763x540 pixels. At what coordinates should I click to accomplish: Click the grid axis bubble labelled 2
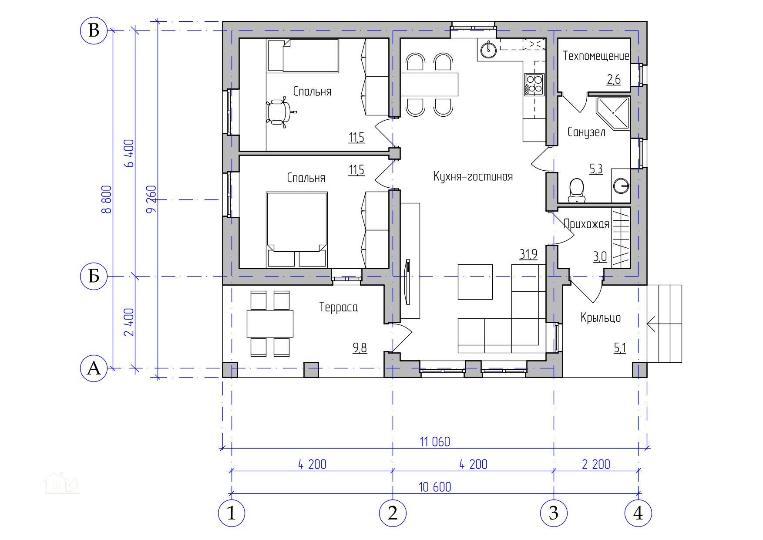coord(393,513)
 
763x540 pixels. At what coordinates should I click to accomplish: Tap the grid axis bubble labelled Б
coord(94,276)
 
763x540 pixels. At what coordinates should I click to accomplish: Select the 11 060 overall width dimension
coord(435,442)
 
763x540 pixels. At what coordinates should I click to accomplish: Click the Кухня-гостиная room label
coord(473,176)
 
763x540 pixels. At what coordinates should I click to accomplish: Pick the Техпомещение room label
coord(596,56)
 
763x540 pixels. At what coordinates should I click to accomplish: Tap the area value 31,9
coord(528,254)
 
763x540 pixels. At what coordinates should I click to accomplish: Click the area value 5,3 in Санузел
coord(596,169)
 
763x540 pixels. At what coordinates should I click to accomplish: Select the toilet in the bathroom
coord(577,191)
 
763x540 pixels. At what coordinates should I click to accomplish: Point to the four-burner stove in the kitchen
coord(534,84)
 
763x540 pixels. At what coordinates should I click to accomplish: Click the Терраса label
coord(339,307)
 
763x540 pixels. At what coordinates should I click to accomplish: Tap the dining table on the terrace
coord(270,324)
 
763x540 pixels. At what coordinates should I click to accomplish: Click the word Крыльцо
coord(601,318)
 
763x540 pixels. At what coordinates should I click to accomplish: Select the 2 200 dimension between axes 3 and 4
coord(596,464)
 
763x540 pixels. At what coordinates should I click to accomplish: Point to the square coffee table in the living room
coord(475,282)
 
